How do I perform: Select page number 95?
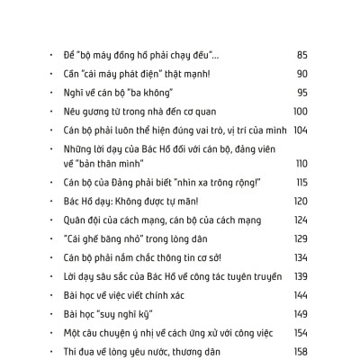[x=301, y=92]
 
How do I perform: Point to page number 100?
[x=301, y=111]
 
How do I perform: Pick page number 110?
[x=301, y=163]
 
